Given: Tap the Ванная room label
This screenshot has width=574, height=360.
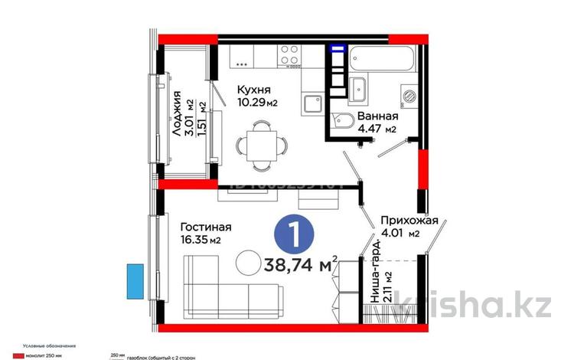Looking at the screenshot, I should [x=377, y=116].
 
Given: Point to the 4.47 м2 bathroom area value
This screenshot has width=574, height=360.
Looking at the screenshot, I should [x=379, y=130].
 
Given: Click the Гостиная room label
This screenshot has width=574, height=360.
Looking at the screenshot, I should [x=205, y=227].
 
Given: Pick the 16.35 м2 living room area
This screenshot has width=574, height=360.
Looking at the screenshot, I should [x=201, y=241].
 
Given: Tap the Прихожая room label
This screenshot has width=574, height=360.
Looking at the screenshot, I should [x=410, y=220].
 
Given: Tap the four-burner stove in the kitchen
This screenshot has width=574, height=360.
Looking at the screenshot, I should [x=289, y=56].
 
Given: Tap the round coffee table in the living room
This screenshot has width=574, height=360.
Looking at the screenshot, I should [x=249, y=263].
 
